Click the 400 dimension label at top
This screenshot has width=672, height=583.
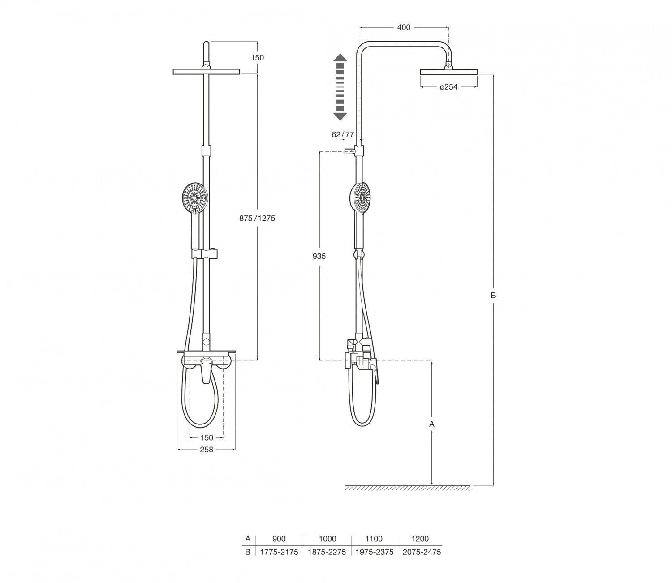click(x=404, y=28)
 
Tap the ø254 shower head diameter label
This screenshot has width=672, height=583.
click(x=448, y=87)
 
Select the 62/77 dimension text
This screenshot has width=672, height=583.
click(x=343, y=135)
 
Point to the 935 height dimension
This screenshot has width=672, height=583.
click(x=319, y=257)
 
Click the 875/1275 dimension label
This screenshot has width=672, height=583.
click(x=257, y=219)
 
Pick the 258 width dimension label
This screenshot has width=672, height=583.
click(x=207, y=450)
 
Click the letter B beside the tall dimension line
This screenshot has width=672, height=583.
click(x=493, y=296)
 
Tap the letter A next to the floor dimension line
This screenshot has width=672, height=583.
click(x=432, y=424)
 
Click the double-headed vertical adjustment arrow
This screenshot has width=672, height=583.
click(x=340, y=87)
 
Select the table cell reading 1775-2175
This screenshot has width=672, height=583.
click(x=279, y=552)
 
